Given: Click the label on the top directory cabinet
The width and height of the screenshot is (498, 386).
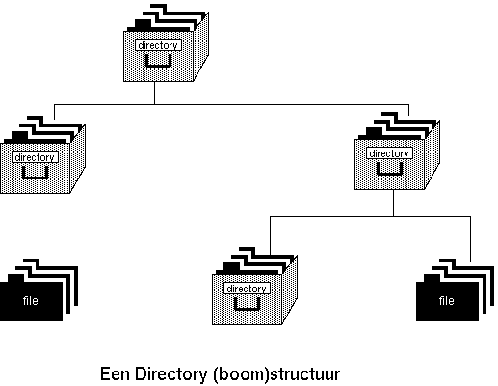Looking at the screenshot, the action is pyautogui.click(x=158, y=45).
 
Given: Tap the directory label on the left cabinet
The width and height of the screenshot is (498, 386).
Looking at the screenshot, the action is pyautogui.click(x=36, y=157).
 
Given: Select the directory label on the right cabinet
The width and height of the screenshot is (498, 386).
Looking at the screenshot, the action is pyautogui.click(x=389, y=153).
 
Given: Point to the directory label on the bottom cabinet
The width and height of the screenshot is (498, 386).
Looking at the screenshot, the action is pyautogui.click(x=247, y=289).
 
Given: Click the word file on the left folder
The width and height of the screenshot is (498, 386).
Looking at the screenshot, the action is pyautogui.click(x=31, y=301).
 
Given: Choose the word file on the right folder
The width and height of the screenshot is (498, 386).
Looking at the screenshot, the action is pyautogui.click(x=447, y=301).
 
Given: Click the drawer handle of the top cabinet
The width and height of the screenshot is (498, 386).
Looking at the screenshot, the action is pyautogui.click(x=158, y=61).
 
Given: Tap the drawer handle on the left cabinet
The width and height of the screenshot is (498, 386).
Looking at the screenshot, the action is pyautogui.click(x=36, y=173).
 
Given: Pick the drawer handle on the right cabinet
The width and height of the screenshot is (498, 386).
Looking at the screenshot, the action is pyautogui.click(x=389, y=169).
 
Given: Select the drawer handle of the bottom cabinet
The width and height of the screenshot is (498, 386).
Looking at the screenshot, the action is pyautogui.click(x=247, y=304).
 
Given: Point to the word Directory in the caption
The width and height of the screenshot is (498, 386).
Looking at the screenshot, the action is pyautogui.click(x=170, y=374).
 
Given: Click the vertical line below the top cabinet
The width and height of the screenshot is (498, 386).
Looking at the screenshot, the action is pyautogui.click(x=154, y=93).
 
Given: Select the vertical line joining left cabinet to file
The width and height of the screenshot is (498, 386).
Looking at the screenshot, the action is pyautogui.click(x=39, y=226).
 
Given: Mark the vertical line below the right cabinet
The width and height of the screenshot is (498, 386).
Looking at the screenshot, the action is pyautogui.click(x=393, y=203).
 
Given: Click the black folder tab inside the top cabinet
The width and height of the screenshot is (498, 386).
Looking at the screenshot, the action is pyautogui.click(x=143, y=24).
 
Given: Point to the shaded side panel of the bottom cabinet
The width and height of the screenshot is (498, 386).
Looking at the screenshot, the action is pyautogui.click(x=290, y=289).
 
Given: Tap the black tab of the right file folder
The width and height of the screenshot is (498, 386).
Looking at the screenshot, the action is pyautogui.click(x=432, y=278).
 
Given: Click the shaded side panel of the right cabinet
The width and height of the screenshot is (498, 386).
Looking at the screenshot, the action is pyautogui.click(x=432, y=154).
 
